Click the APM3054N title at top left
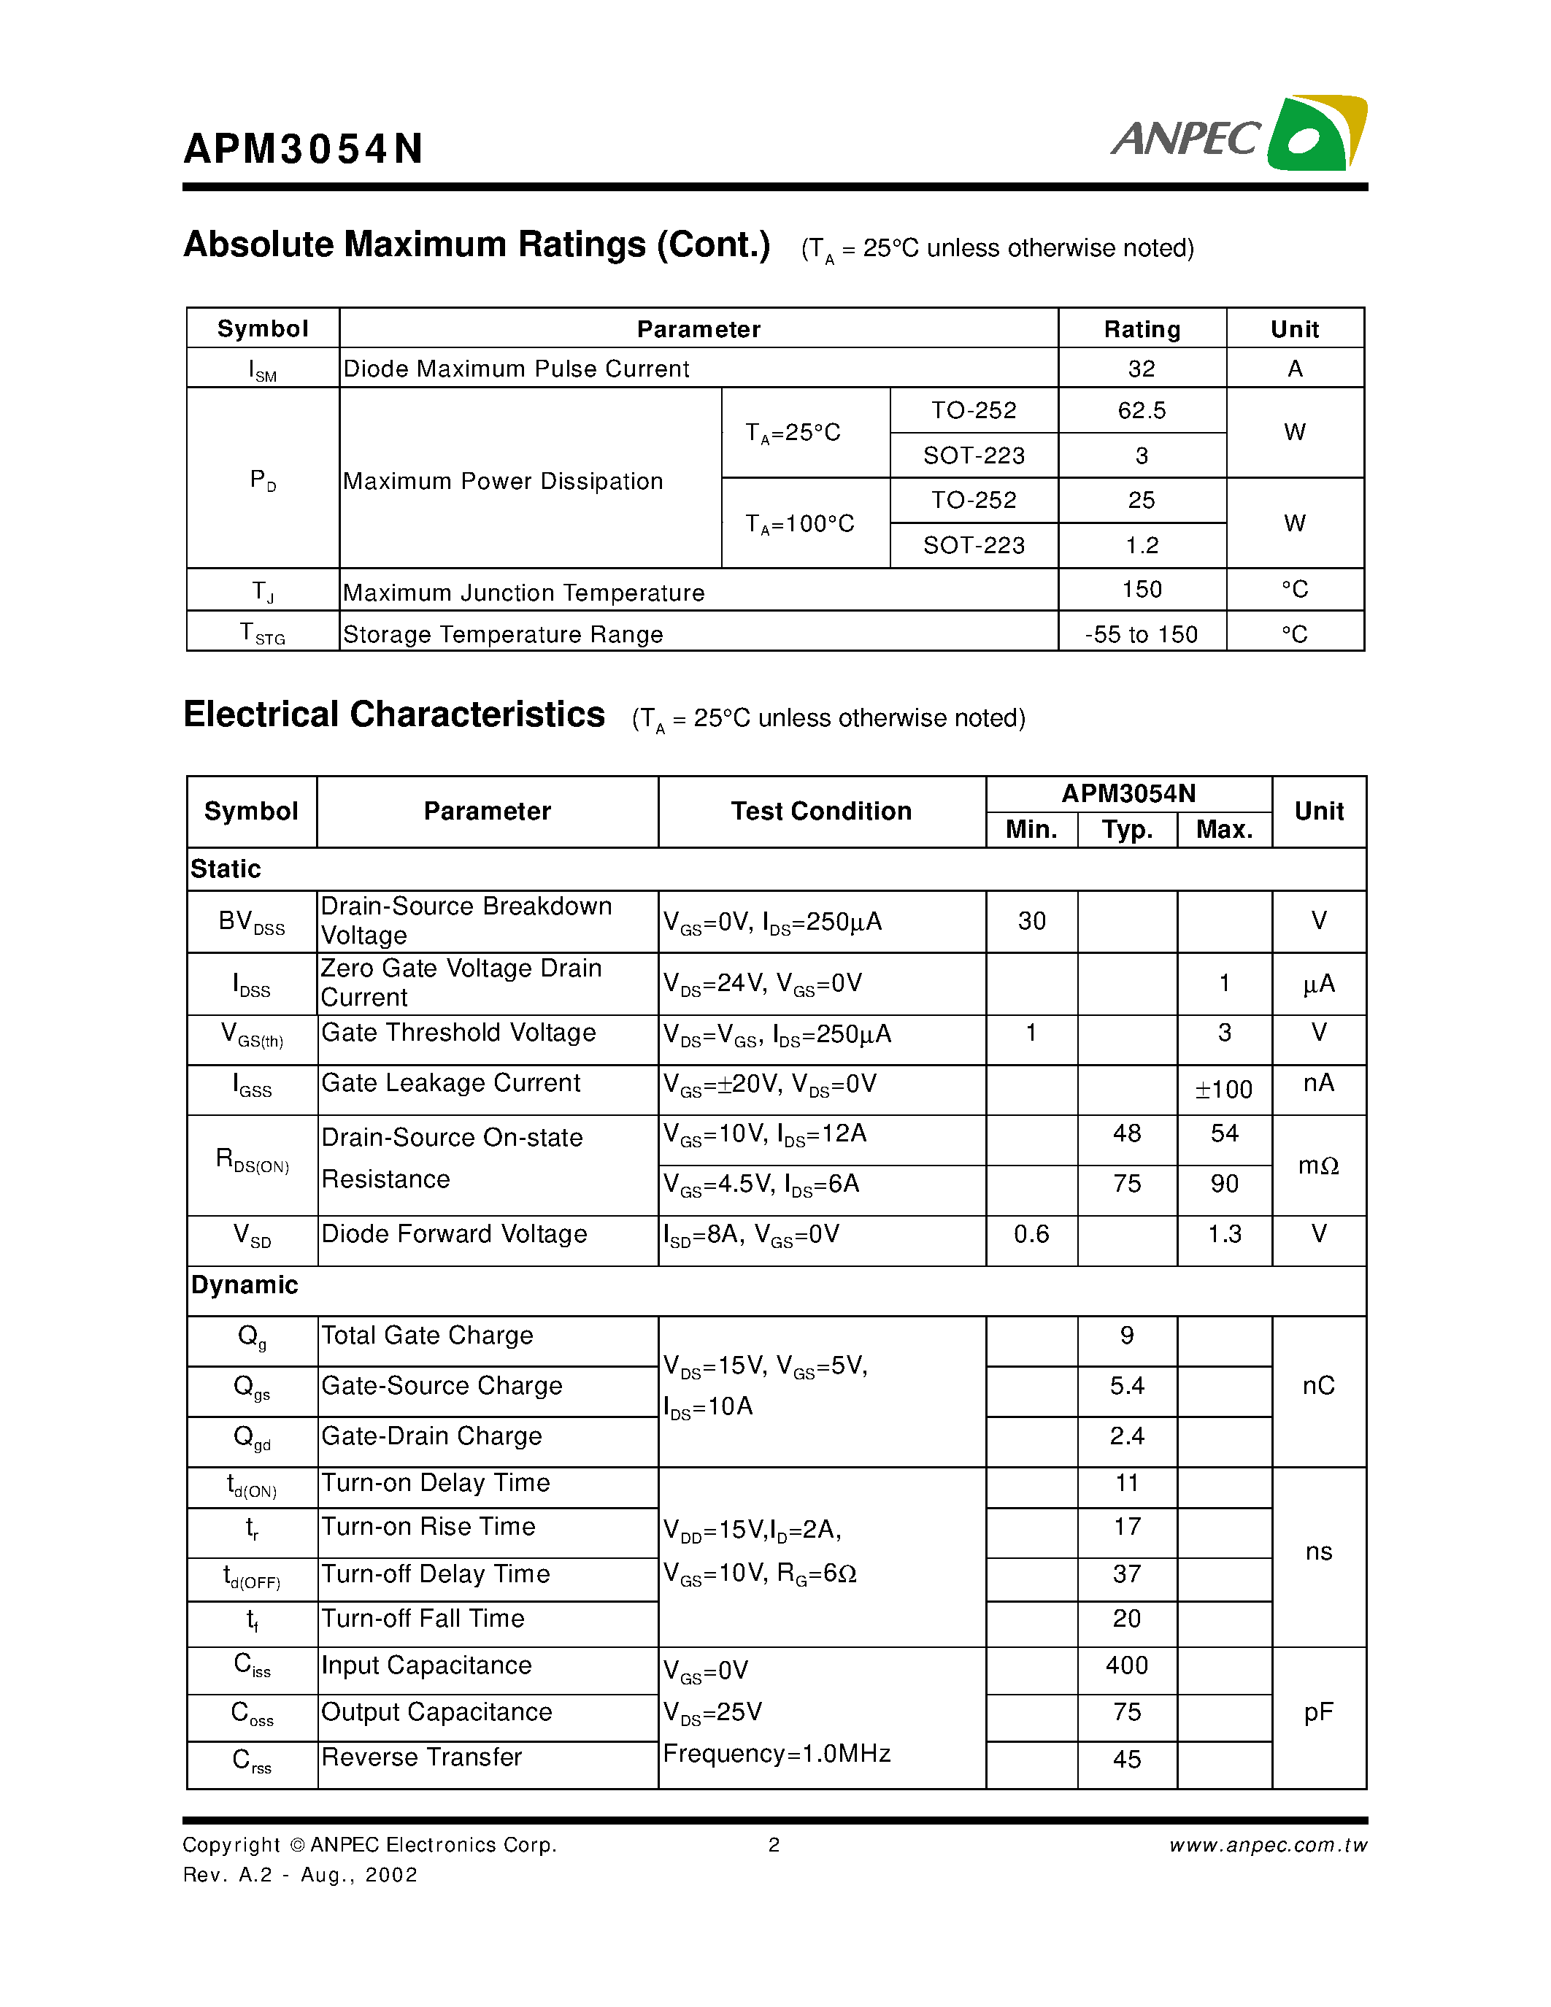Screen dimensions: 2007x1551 [x=303, y=149]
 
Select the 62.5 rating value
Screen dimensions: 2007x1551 [x=1142, y=410]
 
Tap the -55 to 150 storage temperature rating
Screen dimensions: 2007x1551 [x=1142, y=634]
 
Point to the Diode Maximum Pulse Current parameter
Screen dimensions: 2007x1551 [x=515, y=369]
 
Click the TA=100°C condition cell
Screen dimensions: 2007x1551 [x=799, y=524]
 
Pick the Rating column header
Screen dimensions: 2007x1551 [x=1142, y=329]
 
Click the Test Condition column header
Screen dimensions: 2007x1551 [x=820, y=811]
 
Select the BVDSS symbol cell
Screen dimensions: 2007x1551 [x=252, y=922]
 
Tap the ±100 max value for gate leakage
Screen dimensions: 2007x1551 [x=1224, y=1090]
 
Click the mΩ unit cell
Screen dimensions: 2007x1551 [x=1317, y=1166]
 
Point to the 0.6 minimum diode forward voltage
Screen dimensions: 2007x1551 [x=1031, y=1233]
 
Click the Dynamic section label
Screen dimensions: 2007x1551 [x=245, y=1284]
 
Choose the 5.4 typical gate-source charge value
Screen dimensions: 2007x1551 [x=1126, y=1386]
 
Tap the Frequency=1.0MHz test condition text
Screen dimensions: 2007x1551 [x=777, y=1754]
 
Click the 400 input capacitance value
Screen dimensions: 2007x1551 [x=1126, y=1665]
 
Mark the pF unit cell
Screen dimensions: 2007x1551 [x=1317, y=1712]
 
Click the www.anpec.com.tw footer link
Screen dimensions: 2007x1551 [x=1268, y=1845]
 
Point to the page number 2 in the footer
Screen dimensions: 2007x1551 [x=774, y=1845]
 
